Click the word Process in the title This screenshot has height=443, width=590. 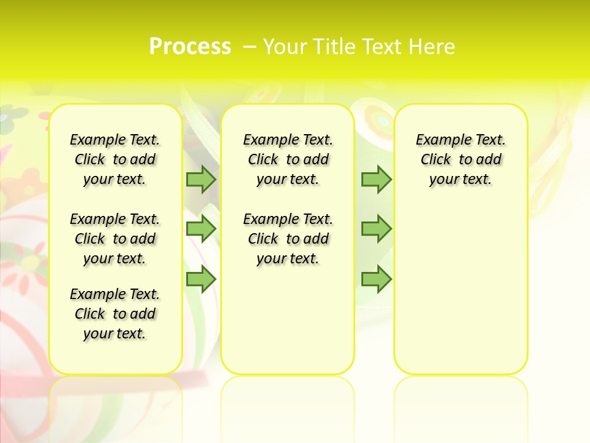pyautogui.click(x=190, y=46)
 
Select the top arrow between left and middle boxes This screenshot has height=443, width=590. pyautogui.click(x=201, y=179)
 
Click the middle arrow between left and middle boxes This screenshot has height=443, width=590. pyautogui.click(x=201, y=229)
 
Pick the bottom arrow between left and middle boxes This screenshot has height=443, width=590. pyautogui.click(x=201, y=279)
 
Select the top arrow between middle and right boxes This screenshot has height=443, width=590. pyautogui.click(x=376, y=179)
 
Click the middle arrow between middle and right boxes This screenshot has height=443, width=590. pyautogui.click(x=376, y=229)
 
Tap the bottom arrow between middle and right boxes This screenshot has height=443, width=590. pyautogui.click(x=376, y=279)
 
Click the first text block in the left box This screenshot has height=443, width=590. pyautogui.click(x=115, y=159)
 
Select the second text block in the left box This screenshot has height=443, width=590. pyautogui.click(x=115, y=239)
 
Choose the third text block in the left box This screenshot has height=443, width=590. pyautogui.click(x=115, y=314)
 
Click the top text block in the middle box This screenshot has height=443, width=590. pyautogui.click(x=288, y=159)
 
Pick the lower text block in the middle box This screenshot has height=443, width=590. pyautogui.click(x=288, y=239)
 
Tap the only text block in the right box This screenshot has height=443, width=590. pyautogui.click(x=460, y=159)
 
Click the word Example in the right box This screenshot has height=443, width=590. pyautogui.click(x=438, y=140)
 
